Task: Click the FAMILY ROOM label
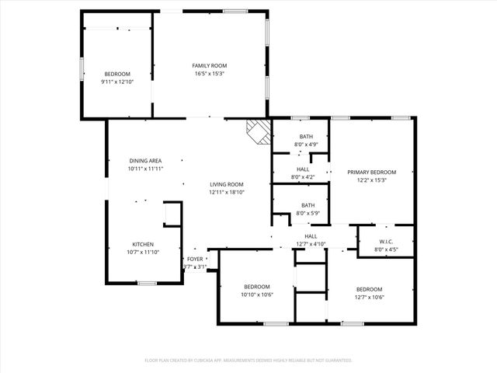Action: point(209,65)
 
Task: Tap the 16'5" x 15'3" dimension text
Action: point(209,74)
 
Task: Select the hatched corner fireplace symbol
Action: point(258,131)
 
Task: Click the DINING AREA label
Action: point(145,159)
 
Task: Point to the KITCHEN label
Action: point(142,243)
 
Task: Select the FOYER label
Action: point(194,259)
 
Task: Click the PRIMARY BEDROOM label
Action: point(371,172)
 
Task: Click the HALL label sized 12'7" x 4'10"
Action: point(311,236)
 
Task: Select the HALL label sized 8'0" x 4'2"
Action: point(302,169)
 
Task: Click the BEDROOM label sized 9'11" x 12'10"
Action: point(117,73)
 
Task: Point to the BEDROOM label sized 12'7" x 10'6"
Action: point(369,288)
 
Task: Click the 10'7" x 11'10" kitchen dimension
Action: point(142,252)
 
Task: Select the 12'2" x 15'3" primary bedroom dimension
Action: point(371,180)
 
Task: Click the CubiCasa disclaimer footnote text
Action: point(248,360)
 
